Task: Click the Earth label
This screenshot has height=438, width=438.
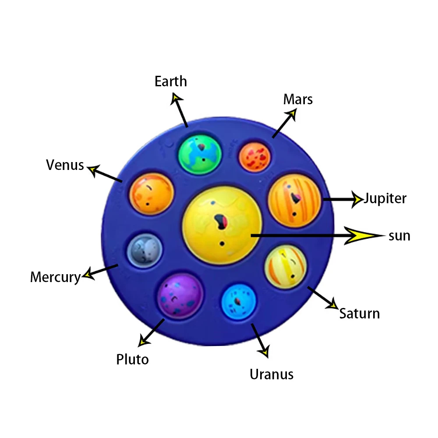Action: click(171, 81)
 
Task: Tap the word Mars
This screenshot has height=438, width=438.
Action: click(298, 99)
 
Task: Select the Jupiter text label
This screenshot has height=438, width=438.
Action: click(385, 198)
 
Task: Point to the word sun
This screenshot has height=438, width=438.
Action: click(399, 236)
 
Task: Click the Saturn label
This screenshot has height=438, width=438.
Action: click(360, 314)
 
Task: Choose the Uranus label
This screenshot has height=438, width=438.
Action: click(272, 374)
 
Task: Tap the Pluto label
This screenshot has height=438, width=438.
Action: click(132, 360)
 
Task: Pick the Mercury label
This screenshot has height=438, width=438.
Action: click(56, 277)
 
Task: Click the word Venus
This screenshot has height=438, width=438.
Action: click(65, 165)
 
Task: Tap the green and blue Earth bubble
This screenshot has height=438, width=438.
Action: click(200, 154)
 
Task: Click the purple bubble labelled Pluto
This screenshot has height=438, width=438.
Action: click(180, 295)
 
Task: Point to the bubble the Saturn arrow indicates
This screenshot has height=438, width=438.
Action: click(286, 266)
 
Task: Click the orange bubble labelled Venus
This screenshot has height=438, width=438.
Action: click(152, 194)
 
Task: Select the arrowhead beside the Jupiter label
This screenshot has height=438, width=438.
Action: click(357, 198)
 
